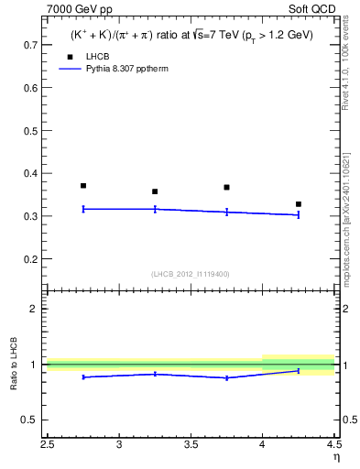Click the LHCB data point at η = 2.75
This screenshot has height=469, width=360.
tap(83, 186)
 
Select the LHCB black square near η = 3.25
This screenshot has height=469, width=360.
tap(155, 191)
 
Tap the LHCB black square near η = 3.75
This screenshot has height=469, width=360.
tap(226, 187)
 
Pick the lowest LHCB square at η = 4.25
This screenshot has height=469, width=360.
tap(298, 204)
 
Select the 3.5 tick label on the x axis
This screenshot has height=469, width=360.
tap(191, 445)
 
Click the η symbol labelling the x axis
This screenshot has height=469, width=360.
tap(336, 457)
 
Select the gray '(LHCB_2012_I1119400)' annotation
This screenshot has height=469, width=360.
tap(191, 274)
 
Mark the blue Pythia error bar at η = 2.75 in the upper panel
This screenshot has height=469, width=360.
tap(83, 209)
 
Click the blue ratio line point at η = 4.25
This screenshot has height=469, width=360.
tap(298, 371)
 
